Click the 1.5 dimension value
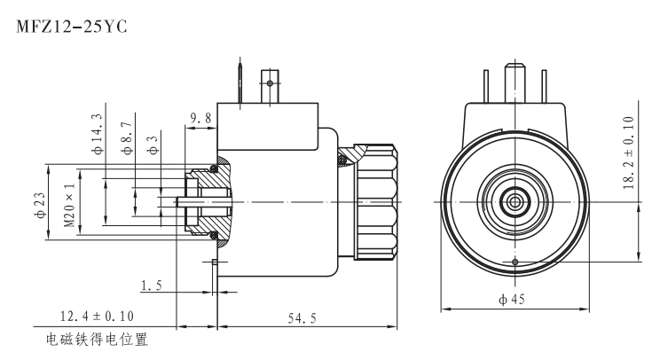151,285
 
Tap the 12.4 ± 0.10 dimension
97,315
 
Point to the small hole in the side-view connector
270,83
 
